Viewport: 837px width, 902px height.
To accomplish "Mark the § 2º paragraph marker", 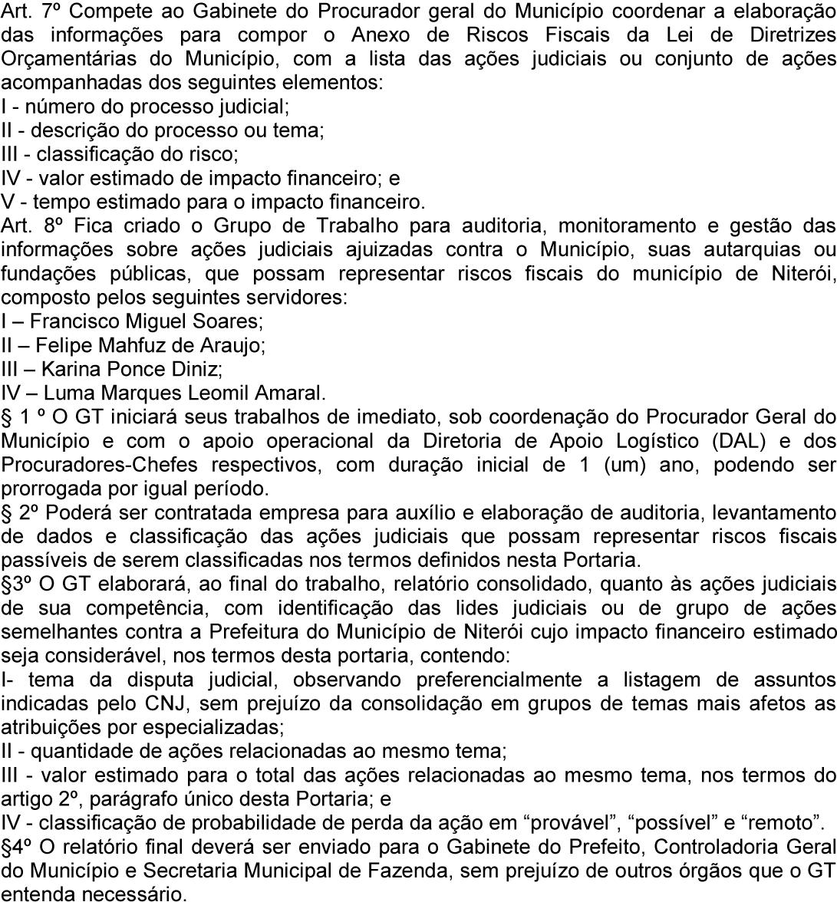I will coord(18,512).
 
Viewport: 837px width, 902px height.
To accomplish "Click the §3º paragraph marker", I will coord(18,584).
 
